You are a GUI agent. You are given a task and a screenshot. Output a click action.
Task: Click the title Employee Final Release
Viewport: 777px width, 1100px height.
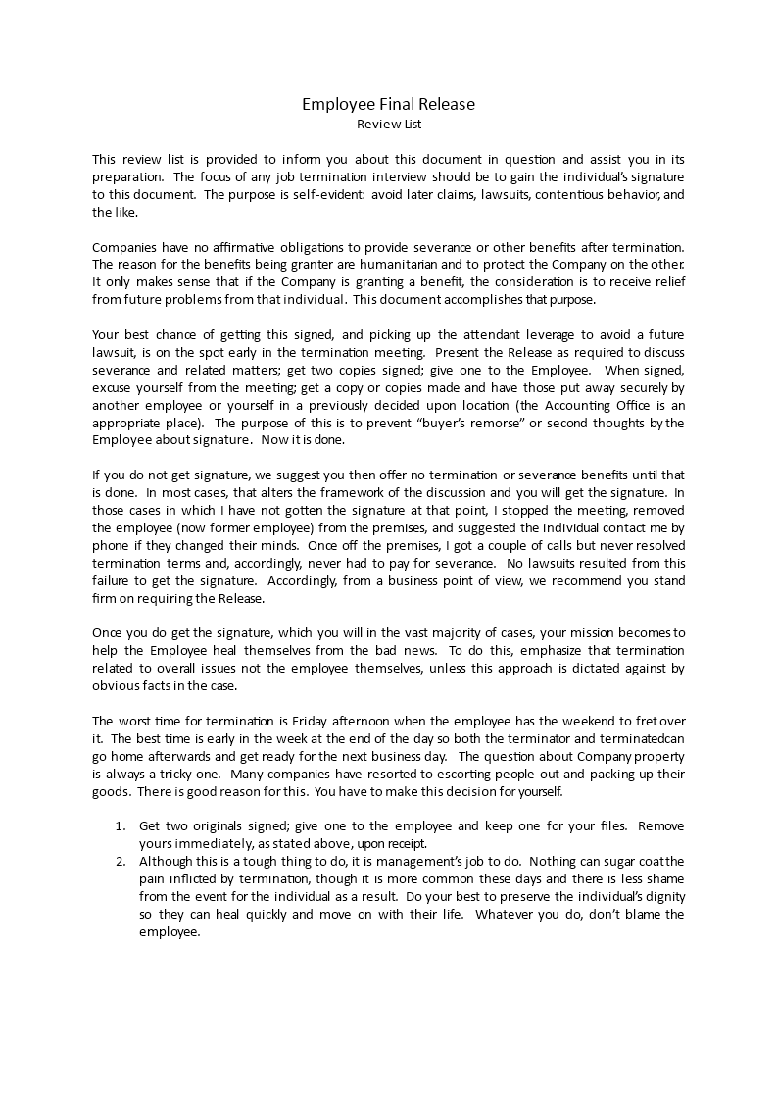pyautogui.click(x=388, y=104)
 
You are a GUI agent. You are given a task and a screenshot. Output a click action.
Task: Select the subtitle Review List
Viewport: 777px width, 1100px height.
pyautogui.click(x=388, y=125)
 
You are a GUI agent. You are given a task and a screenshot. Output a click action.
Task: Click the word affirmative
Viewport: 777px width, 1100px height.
pyautogui.click(x=245, y=247)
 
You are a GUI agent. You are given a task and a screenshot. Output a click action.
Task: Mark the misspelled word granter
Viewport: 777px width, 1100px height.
pyautogui.click(x=271, y=265)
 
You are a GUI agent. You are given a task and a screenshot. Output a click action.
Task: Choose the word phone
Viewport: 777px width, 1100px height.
pyautogui.click(x=109, y=547)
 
